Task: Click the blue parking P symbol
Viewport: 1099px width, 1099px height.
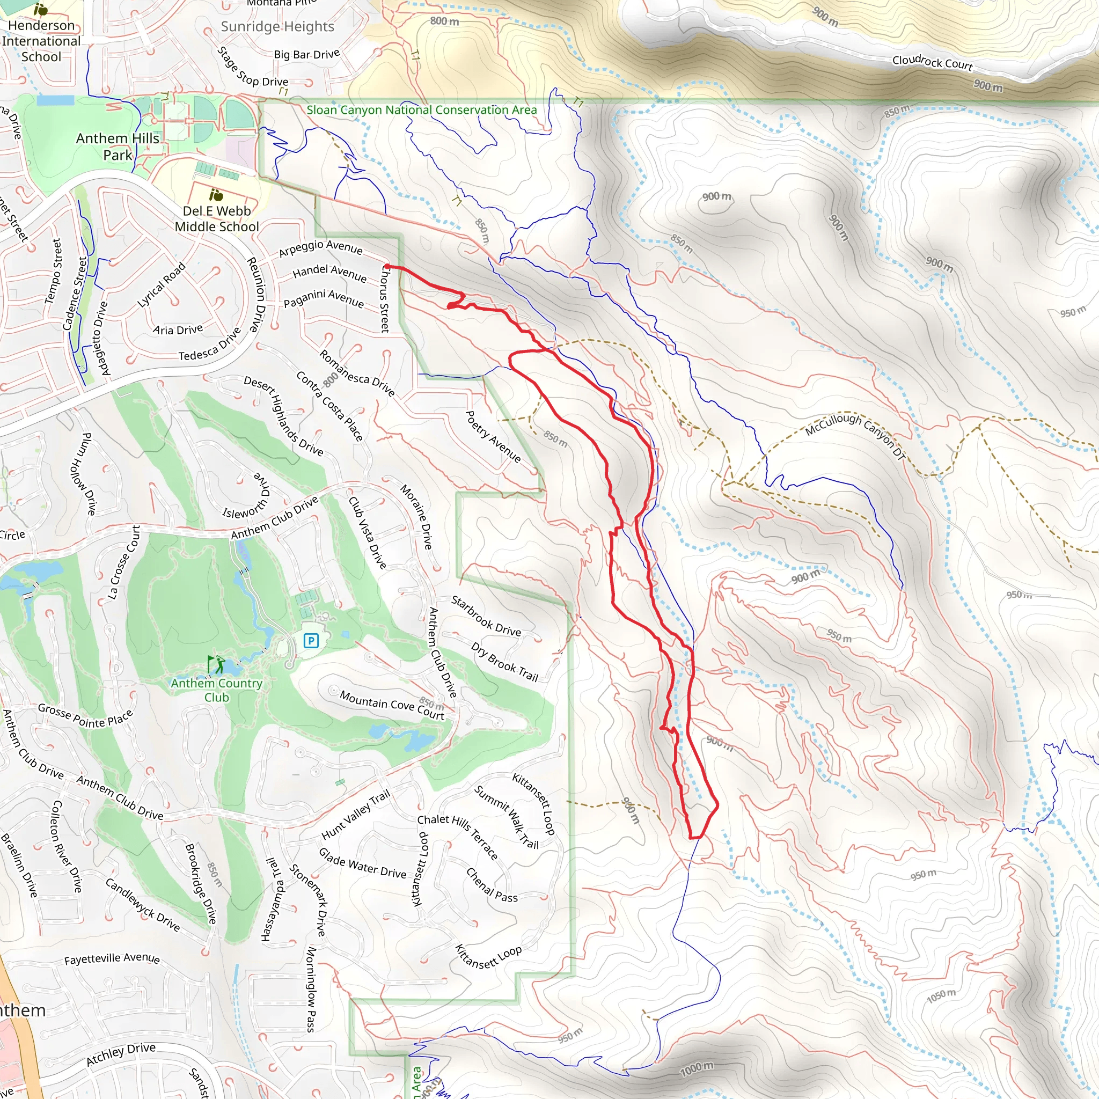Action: [x=311, y=641]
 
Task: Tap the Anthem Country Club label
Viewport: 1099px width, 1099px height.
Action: [x=217, y=690]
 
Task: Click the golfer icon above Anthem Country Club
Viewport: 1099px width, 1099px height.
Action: [x=216, y=664]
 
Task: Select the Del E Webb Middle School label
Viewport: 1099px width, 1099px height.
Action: [x=217, y=218]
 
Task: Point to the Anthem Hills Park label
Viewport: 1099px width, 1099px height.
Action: [x=117, y=146]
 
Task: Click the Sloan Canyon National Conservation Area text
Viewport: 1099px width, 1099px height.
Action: [x=421, y=110]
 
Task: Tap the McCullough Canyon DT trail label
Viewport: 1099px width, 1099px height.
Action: [x=854, y=436]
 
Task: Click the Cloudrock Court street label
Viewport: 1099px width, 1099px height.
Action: [x=932, y=62]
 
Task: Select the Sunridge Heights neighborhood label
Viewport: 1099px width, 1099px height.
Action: [x=277, y=26]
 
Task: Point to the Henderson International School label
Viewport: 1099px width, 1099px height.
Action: [x=41, y=41]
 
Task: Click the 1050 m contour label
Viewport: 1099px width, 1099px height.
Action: [x=941, y=996]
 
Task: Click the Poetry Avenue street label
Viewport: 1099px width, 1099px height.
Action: [x=493, y=436]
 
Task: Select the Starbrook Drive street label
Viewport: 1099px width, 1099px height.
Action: [x=486, y=616]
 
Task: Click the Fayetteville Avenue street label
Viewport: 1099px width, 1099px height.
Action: [x=112, y=958]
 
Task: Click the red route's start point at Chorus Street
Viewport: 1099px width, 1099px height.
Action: [x=387, y=266]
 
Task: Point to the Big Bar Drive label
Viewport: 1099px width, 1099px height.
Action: [x=306, y=54]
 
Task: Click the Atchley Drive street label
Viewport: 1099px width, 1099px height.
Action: [x=121, y=1054]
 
